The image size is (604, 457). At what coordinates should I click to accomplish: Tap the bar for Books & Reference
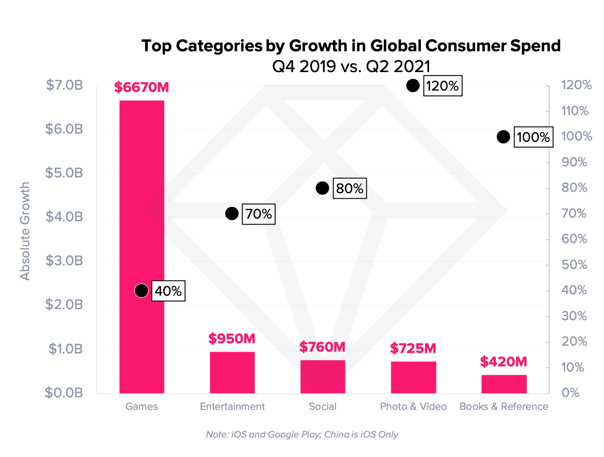click(504, 384)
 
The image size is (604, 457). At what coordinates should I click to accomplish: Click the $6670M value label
click(142, 87)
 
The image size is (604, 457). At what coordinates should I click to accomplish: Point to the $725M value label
click(413, 348)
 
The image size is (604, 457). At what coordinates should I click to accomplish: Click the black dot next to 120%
click(413, 85)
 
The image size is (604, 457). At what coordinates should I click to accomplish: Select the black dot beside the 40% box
click(141, 291)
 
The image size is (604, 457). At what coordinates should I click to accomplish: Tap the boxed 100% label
click(533, 137)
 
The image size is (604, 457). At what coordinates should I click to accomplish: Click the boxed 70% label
click(259, 214)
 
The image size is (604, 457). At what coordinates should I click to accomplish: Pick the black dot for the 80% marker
click(322, 188)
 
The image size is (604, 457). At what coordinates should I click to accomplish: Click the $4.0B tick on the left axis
click(64, 217)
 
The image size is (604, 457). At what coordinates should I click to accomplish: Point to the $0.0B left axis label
click(64, 393)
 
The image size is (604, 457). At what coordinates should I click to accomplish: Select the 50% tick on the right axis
click(574, 265)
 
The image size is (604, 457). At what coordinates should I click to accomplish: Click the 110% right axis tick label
click(575, 111)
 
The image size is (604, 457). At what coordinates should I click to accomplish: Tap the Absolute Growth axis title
click(25, 231)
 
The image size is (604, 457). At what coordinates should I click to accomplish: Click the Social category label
click(322, 407)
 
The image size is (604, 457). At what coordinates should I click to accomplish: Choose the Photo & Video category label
click(413, 407)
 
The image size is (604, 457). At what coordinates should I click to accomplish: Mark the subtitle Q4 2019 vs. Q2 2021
click(351, 67)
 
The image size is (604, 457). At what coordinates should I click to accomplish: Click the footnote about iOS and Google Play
click(302, 434)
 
